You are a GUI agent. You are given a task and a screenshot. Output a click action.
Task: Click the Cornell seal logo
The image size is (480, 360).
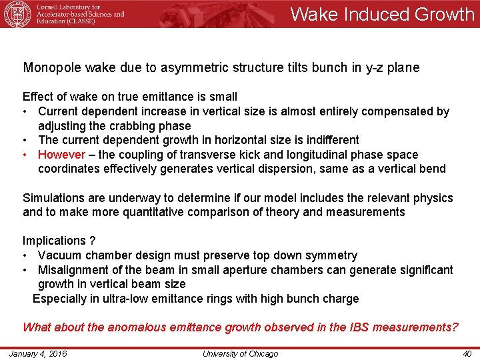17,14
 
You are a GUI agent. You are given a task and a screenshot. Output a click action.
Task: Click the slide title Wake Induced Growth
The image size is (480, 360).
382,14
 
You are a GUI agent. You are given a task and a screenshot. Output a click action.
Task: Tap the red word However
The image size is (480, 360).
61,155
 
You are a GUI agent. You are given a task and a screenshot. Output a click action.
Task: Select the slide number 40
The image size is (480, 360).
467,353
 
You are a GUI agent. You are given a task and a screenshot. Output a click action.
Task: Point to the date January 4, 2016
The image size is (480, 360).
38,353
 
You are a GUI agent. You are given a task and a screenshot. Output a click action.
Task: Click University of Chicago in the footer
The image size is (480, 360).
240,353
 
